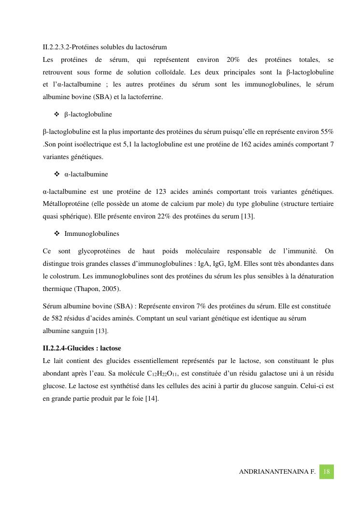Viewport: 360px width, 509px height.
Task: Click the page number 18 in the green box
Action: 327,472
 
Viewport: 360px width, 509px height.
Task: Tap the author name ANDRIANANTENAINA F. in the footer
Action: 277,472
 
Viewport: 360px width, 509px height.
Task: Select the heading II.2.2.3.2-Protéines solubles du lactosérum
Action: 105,47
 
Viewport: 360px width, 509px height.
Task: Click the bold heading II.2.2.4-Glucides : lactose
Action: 82,348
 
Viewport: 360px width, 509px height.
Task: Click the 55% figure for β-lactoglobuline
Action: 327,131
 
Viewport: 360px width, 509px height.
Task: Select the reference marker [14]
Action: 152,399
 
